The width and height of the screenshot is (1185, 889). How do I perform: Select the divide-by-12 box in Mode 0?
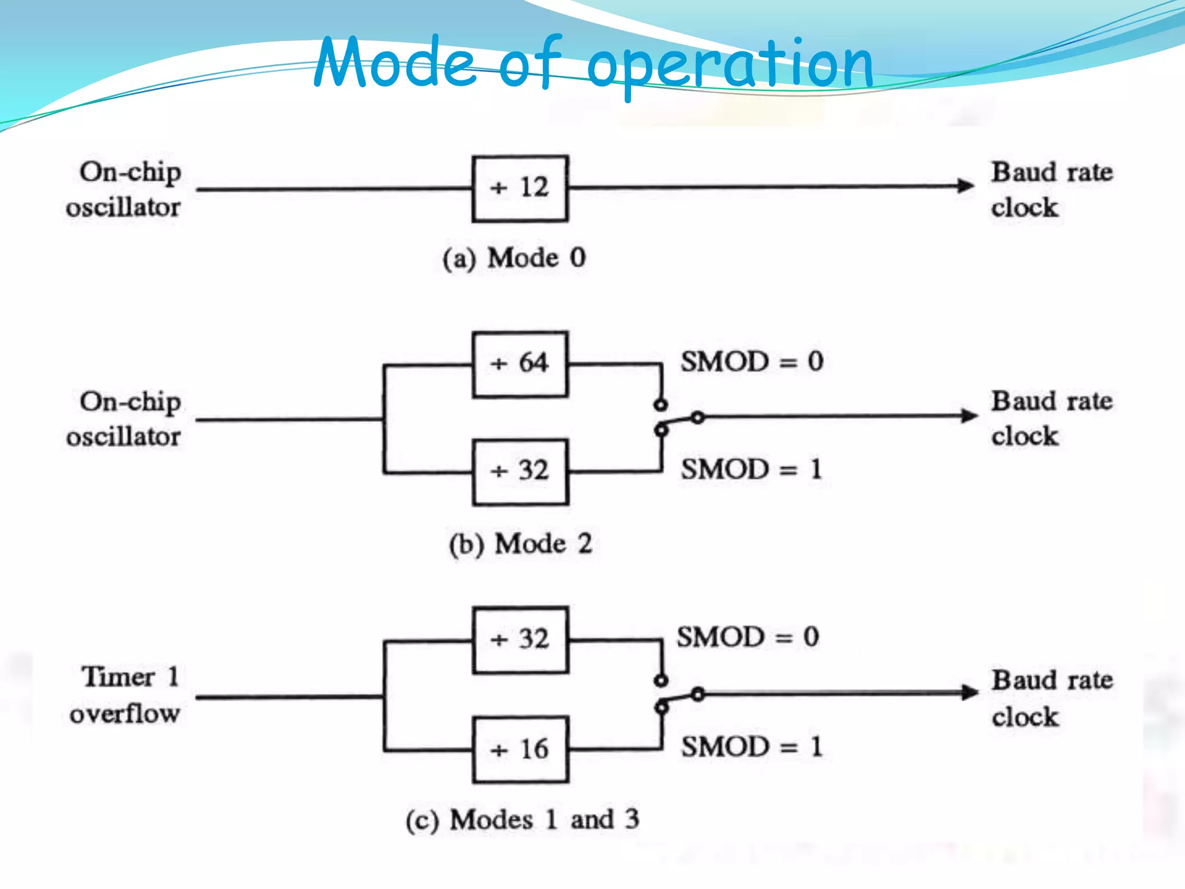(x=520, y=189)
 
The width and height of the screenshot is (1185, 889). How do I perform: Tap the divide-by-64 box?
(x=520, y=364)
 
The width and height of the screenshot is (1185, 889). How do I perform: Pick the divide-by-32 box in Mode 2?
(x=520, y=472)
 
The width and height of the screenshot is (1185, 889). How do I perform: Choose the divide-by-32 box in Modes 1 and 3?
(x=520, y=640)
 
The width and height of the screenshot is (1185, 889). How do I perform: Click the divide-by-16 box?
(x=520, y=750)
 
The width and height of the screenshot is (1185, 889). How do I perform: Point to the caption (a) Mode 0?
(x=514, y=258)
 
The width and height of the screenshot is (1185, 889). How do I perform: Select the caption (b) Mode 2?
(x=521, y=544)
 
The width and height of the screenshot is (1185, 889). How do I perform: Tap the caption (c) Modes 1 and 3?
(x=522, y=820)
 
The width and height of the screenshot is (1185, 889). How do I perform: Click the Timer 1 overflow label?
(x=126, y=695)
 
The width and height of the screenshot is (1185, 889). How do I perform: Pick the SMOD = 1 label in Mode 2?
(x=751, y=469)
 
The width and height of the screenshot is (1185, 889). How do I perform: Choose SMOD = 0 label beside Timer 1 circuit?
(x=748, y=637)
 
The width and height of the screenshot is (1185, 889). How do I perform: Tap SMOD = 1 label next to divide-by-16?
(x=751, y=747)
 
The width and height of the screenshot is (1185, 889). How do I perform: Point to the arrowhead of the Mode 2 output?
(x=969, y=416)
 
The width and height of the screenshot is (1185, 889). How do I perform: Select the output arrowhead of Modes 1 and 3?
(x=969, y=692)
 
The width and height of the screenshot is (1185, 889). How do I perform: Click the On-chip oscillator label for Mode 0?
(x=124, y=189)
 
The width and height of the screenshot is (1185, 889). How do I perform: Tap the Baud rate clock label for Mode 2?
(x=1051, y=418)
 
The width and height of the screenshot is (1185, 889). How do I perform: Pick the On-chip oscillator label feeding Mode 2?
(x=124, y=419)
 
